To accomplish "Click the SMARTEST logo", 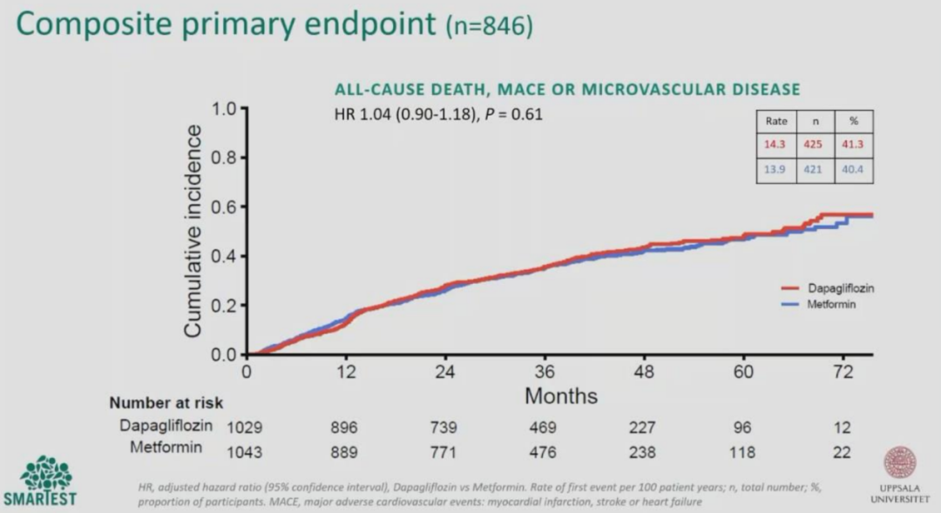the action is click(x=40, y=481).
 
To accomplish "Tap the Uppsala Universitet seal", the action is click(x=899, y=462).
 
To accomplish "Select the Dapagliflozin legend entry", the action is click(x=828, y=288).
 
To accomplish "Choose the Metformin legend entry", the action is click(x=818, y=304).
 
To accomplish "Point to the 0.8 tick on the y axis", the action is click(x=243, y=158).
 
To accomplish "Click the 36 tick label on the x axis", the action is click(x=545, y=372).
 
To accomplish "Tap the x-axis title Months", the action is click(x=561, y=396).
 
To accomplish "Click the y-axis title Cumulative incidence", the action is click(x=193, y=231).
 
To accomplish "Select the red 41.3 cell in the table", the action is click(x=853, y=144).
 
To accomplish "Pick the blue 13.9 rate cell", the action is click(x=775, y=169).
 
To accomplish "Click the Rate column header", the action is click(x=776, y=121).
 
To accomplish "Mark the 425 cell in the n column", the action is click(x=813, y=144).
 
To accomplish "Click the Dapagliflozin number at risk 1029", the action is click(x=244, y=428).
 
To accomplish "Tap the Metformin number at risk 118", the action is click(x=741, y=452).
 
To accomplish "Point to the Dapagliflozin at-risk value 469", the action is click(x=543, y=428).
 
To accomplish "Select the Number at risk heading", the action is click(x=166, y=402).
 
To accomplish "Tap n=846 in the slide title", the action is click(x=490, y=27).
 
